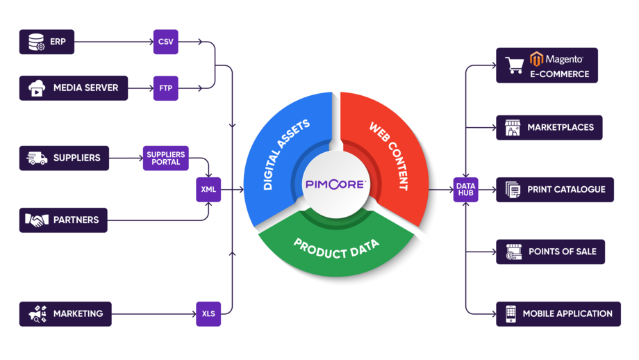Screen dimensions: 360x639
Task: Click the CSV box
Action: point(165,42)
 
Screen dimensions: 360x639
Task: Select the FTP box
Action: point(165,88)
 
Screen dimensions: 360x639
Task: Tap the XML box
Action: point(208,189)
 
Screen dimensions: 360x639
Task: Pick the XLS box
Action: point(208,313)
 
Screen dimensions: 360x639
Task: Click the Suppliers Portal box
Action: point(166,158)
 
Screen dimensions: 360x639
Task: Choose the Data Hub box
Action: point(465,189)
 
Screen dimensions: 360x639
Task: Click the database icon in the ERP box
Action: point(36,42)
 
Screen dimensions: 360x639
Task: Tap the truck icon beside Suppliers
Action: point(37,158)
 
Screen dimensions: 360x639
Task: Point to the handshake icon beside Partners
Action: point(37,220)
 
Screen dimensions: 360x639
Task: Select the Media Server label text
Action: point(85,88)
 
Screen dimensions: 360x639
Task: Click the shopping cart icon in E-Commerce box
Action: point(515,65)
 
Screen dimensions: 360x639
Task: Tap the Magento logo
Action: point(556,59)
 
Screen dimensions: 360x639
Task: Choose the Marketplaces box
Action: point(549,127)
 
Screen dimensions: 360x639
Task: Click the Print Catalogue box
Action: point(554,189)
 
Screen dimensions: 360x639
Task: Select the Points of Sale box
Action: point(550,252)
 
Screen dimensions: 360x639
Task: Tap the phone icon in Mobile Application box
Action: point(511,313)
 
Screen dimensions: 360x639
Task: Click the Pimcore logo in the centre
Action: point(335,184)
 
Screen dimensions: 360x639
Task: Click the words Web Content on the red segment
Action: point(388,156)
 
